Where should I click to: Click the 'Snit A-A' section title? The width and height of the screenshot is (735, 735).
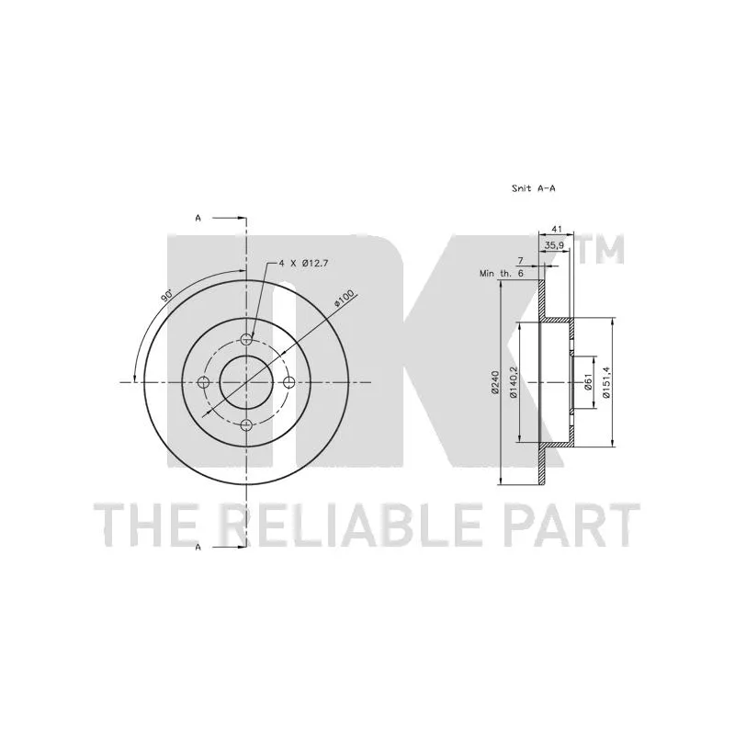tap(534, 188)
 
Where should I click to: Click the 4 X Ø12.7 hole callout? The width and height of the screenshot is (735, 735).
tap(303, 264)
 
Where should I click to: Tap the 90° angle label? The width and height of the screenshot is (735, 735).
tap(166, 296)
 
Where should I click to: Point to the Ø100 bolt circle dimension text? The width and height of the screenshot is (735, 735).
tap(343, 299)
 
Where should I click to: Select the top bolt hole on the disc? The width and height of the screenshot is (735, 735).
tap(246, 339)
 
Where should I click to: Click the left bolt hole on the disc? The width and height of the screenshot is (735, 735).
tap(203, 382)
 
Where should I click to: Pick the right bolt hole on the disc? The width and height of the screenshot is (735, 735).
tap(289, 382)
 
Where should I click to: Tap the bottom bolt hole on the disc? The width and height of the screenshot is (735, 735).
tap(246, 425)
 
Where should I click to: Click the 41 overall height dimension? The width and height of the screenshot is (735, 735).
tap(557, 229)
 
